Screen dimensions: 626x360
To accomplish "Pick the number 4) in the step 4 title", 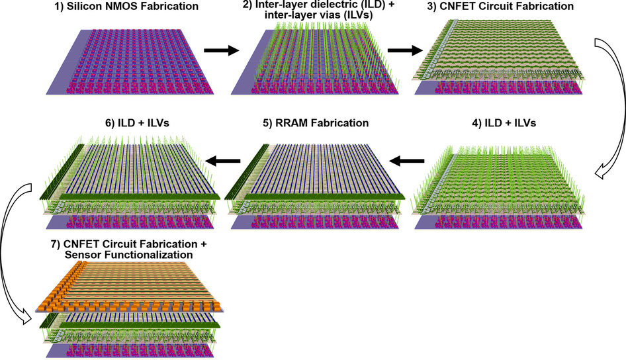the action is tap(477, 123).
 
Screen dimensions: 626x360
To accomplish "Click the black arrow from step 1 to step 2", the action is tap(222, 50).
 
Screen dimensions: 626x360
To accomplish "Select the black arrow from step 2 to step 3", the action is tap(405, 50).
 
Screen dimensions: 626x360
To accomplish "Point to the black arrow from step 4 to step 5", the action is tap(406, 161).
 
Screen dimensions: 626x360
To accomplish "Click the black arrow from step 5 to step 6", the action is tap(223, 161).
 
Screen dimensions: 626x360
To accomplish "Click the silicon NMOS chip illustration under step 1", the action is tap(130, 62).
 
